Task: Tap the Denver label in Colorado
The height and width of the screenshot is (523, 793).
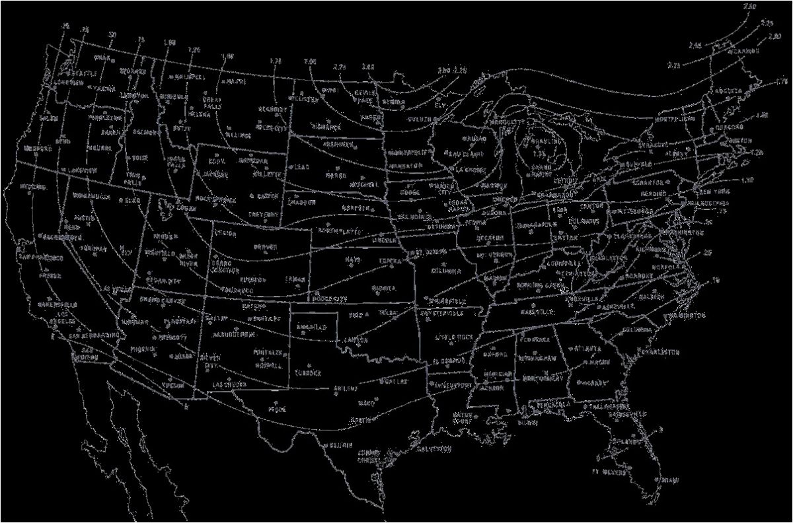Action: (264, 247)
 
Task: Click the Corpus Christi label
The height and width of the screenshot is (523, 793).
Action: (367, 456)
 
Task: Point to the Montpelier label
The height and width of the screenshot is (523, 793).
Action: (673, 120)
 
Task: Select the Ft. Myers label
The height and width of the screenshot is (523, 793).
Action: (607, 472)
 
